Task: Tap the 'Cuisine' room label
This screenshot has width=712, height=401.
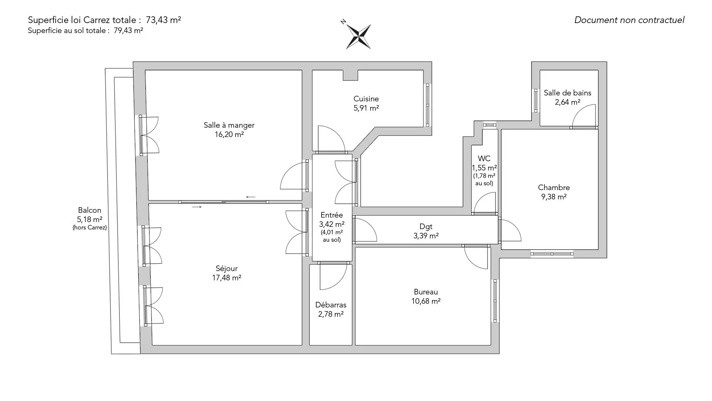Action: pos(366,99)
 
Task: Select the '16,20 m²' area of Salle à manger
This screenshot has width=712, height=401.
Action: pos(229,134)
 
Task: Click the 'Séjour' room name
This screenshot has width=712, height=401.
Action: pos(227,268)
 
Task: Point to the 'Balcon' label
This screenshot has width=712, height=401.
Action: pos(89,210)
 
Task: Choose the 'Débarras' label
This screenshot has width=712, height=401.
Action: pos(331,305)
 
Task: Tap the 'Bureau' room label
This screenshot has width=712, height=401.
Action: pos(426,292)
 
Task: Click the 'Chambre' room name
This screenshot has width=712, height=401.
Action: pos(554,188)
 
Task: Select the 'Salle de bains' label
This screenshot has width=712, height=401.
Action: pos(567,93)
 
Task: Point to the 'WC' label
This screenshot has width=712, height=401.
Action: pos(484,159)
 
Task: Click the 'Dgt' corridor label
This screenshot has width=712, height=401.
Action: pos(426,226)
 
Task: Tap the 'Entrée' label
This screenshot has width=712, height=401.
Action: pos(332,215)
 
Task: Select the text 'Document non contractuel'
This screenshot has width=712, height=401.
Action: pos(629,20)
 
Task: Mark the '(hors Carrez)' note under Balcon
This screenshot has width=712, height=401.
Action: pos(90,228)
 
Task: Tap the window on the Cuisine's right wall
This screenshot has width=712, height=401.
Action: pos(428,105)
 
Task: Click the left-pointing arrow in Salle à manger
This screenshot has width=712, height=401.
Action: pos(251,197)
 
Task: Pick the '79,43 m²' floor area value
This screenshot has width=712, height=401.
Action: pos(128,31)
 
